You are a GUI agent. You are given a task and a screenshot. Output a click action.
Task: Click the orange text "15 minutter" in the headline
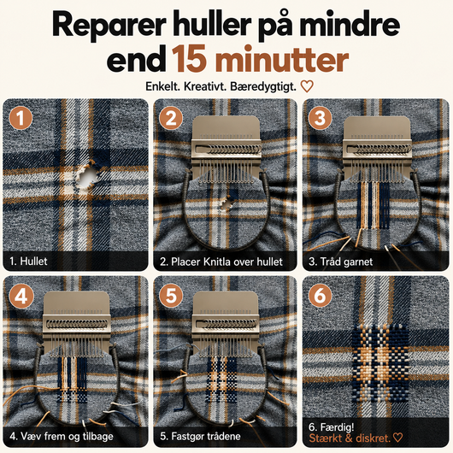[x=260, y=60]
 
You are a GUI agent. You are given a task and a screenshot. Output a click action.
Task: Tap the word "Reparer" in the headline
[x=109, y=26]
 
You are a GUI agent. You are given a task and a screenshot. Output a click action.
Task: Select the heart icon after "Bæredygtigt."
[x=307, y=86]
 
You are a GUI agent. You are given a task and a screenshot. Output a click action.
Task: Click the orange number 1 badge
[x=21, y=118]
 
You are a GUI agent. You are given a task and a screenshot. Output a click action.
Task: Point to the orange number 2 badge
[x=171, y=118]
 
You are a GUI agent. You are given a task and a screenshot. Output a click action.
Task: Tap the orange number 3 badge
[x=320, y=118]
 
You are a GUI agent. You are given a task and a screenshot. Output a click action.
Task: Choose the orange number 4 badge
[x=21, y=296]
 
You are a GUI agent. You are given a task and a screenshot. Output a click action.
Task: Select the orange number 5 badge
[x=171, y=296]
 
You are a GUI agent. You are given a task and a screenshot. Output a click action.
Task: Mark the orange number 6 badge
[x=320, y=296]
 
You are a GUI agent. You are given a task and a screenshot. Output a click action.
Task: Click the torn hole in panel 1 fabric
[x=87, y=177]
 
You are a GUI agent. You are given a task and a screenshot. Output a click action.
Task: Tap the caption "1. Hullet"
[x=28, y=262]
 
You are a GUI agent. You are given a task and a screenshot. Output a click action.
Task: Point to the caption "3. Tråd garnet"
[x=341, y=262]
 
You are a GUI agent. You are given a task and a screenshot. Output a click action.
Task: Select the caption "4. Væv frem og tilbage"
[x=62, y=436]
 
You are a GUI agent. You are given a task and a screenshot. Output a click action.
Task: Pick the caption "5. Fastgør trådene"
[x=200, y=436]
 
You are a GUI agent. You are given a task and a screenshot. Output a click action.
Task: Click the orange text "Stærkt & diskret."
[x=350, y=438]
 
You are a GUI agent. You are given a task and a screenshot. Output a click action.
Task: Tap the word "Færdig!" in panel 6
[x=337, y=427]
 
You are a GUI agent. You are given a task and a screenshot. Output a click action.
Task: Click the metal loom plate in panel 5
[x=225, y=318]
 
